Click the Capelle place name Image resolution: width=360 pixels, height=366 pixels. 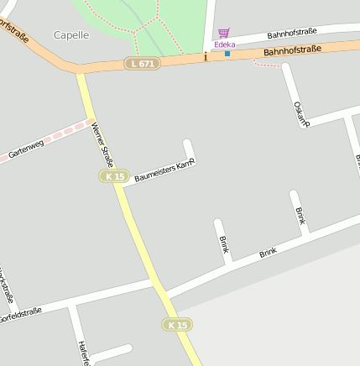[71, 35]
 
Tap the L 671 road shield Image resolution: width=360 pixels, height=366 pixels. [142, 64]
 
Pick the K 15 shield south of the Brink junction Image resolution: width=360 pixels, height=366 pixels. [176, 324]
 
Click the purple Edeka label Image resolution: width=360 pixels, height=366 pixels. [225, 44]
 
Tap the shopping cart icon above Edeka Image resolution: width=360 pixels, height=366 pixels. [223, 34]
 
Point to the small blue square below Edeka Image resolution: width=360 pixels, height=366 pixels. [227, 54]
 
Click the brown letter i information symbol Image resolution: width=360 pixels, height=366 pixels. [205, 57]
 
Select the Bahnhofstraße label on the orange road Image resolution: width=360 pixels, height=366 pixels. [292, 51]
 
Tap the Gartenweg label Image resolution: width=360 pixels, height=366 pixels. [26, 149]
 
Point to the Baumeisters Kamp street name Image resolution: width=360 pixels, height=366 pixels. [164, 170]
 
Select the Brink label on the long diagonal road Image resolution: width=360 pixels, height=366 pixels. [268, 253]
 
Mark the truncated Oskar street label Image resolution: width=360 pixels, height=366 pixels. [301, 113]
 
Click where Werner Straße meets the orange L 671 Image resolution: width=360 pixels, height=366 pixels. [81, 71]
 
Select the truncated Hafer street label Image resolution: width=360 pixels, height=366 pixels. [82, 353]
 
